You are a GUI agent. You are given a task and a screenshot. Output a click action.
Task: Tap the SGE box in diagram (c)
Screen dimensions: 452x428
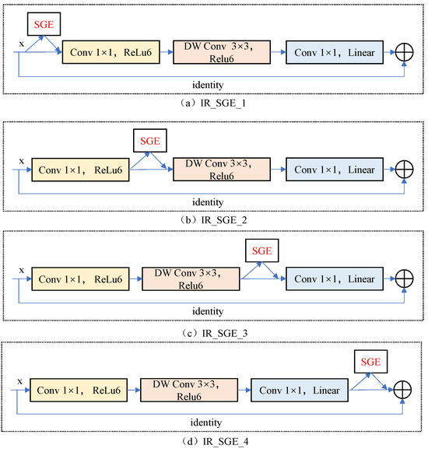pos(261,251)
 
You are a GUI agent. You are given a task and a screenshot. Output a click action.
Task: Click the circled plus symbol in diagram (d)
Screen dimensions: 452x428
pos(405,388)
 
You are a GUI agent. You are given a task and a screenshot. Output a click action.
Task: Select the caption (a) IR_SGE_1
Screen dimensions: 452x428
pos(213,101)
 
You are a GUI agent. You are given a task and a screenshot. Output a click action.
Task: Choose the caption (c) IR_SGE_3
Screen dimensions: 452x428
pos(213,332)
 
